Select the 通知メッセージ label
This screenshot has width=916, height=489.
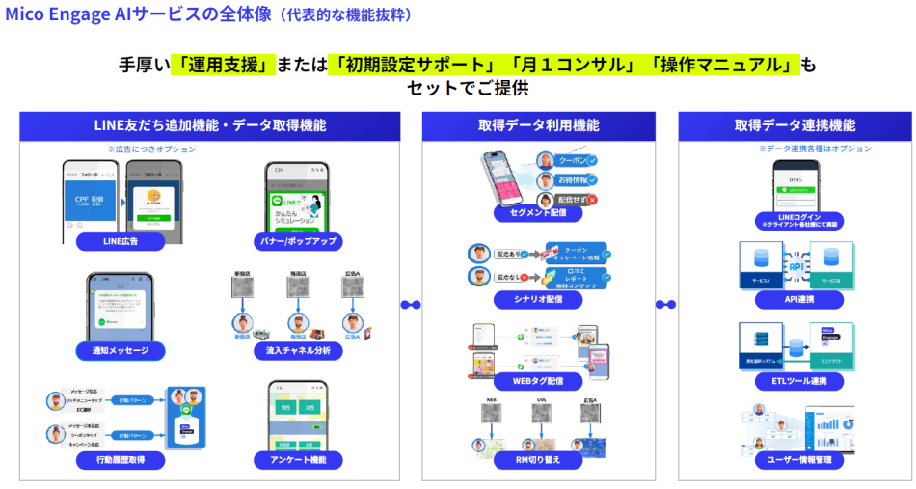tap(121, 351)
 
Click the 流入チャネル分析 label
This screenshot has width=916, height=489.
tap(298, 351)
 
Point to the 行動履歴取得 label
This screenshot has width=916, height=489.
tap(121, 461)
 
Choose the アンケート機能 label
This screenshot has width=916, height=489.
tap(298, 461)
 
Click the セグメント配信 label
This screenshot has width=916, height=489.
tap(538, 210)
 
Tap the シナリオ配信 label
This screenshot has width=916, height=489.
tap(538, 300)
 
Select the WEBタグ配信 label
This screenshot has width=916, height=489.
tap(538, 381)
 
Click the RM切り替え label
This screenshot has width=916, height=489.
tap(538, 461)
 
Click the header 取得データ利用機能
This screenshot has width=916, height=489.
tap(538, 125)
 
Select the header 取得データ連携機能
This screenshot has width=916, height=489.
tap(795, 125)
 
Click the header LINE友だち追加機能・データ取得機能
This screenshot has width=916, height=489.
tap(209, 125)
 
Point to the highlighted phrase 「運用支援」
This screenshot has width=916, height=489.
tap(223, 65)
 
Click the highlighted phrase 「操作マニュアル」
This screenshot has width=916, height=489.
tap(725, 65)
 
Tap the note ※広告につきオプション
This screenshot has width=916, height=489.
tap(151, 149)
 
